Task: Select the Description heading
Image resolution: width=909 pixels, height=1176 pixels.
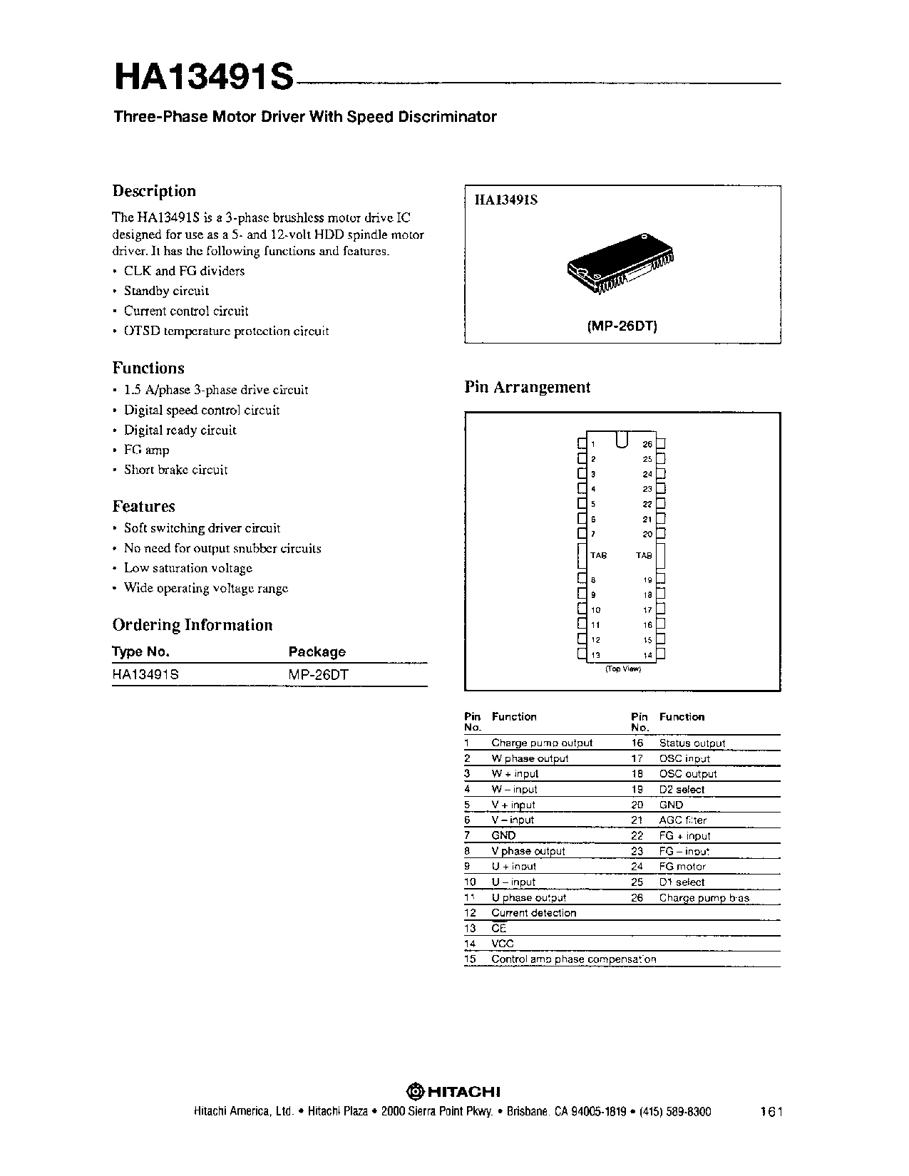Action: pos(154,191)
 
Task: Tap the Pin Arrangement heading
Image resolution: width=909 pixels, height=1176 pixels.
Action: pos(528,387)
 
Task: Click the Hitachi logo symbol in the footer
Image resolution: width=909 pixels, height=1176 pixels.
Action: pos(415,1091)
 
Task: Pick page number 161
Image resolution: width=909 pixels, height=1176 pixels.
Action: pos(771,1112)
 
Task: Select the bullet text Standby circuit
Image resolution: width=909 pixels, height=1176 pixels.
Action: pos(166,291)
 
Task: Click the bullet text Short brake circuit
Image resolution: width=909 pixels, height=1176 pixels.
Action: pos(176,470)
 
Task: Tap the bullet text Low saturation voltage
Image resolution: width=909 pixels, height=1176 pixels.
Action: pos(188,568)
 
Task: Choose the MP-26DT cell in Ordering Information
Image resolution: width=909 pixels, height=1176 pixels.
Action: pos(318,674)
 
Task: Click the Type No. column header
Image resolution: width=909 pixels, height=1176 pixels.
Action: pos(141,651)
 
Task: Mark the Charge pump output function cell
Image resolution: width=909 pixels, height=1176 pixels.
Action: pos(542,743)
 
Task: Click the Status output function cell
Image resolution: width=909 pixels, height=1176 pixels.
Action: pos(692,743)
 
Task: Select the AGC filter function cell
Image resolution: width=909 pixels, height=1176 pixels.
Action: pos(682,820)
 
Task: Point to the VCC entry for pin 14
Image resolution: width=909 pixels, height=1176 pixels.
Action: pos(503,944)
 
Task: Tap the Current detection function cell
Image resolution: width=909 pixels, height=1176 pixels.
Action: pos(533,913)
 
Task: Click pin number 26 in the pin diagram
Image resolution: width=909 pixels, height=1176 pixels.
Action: pos(647,444)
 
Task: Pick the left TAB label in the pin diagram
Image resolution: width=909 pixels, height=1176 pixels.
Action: pos(598,555)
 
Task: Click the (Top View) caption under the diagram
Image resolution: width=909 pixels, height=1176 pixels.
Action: pos(623,669)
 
